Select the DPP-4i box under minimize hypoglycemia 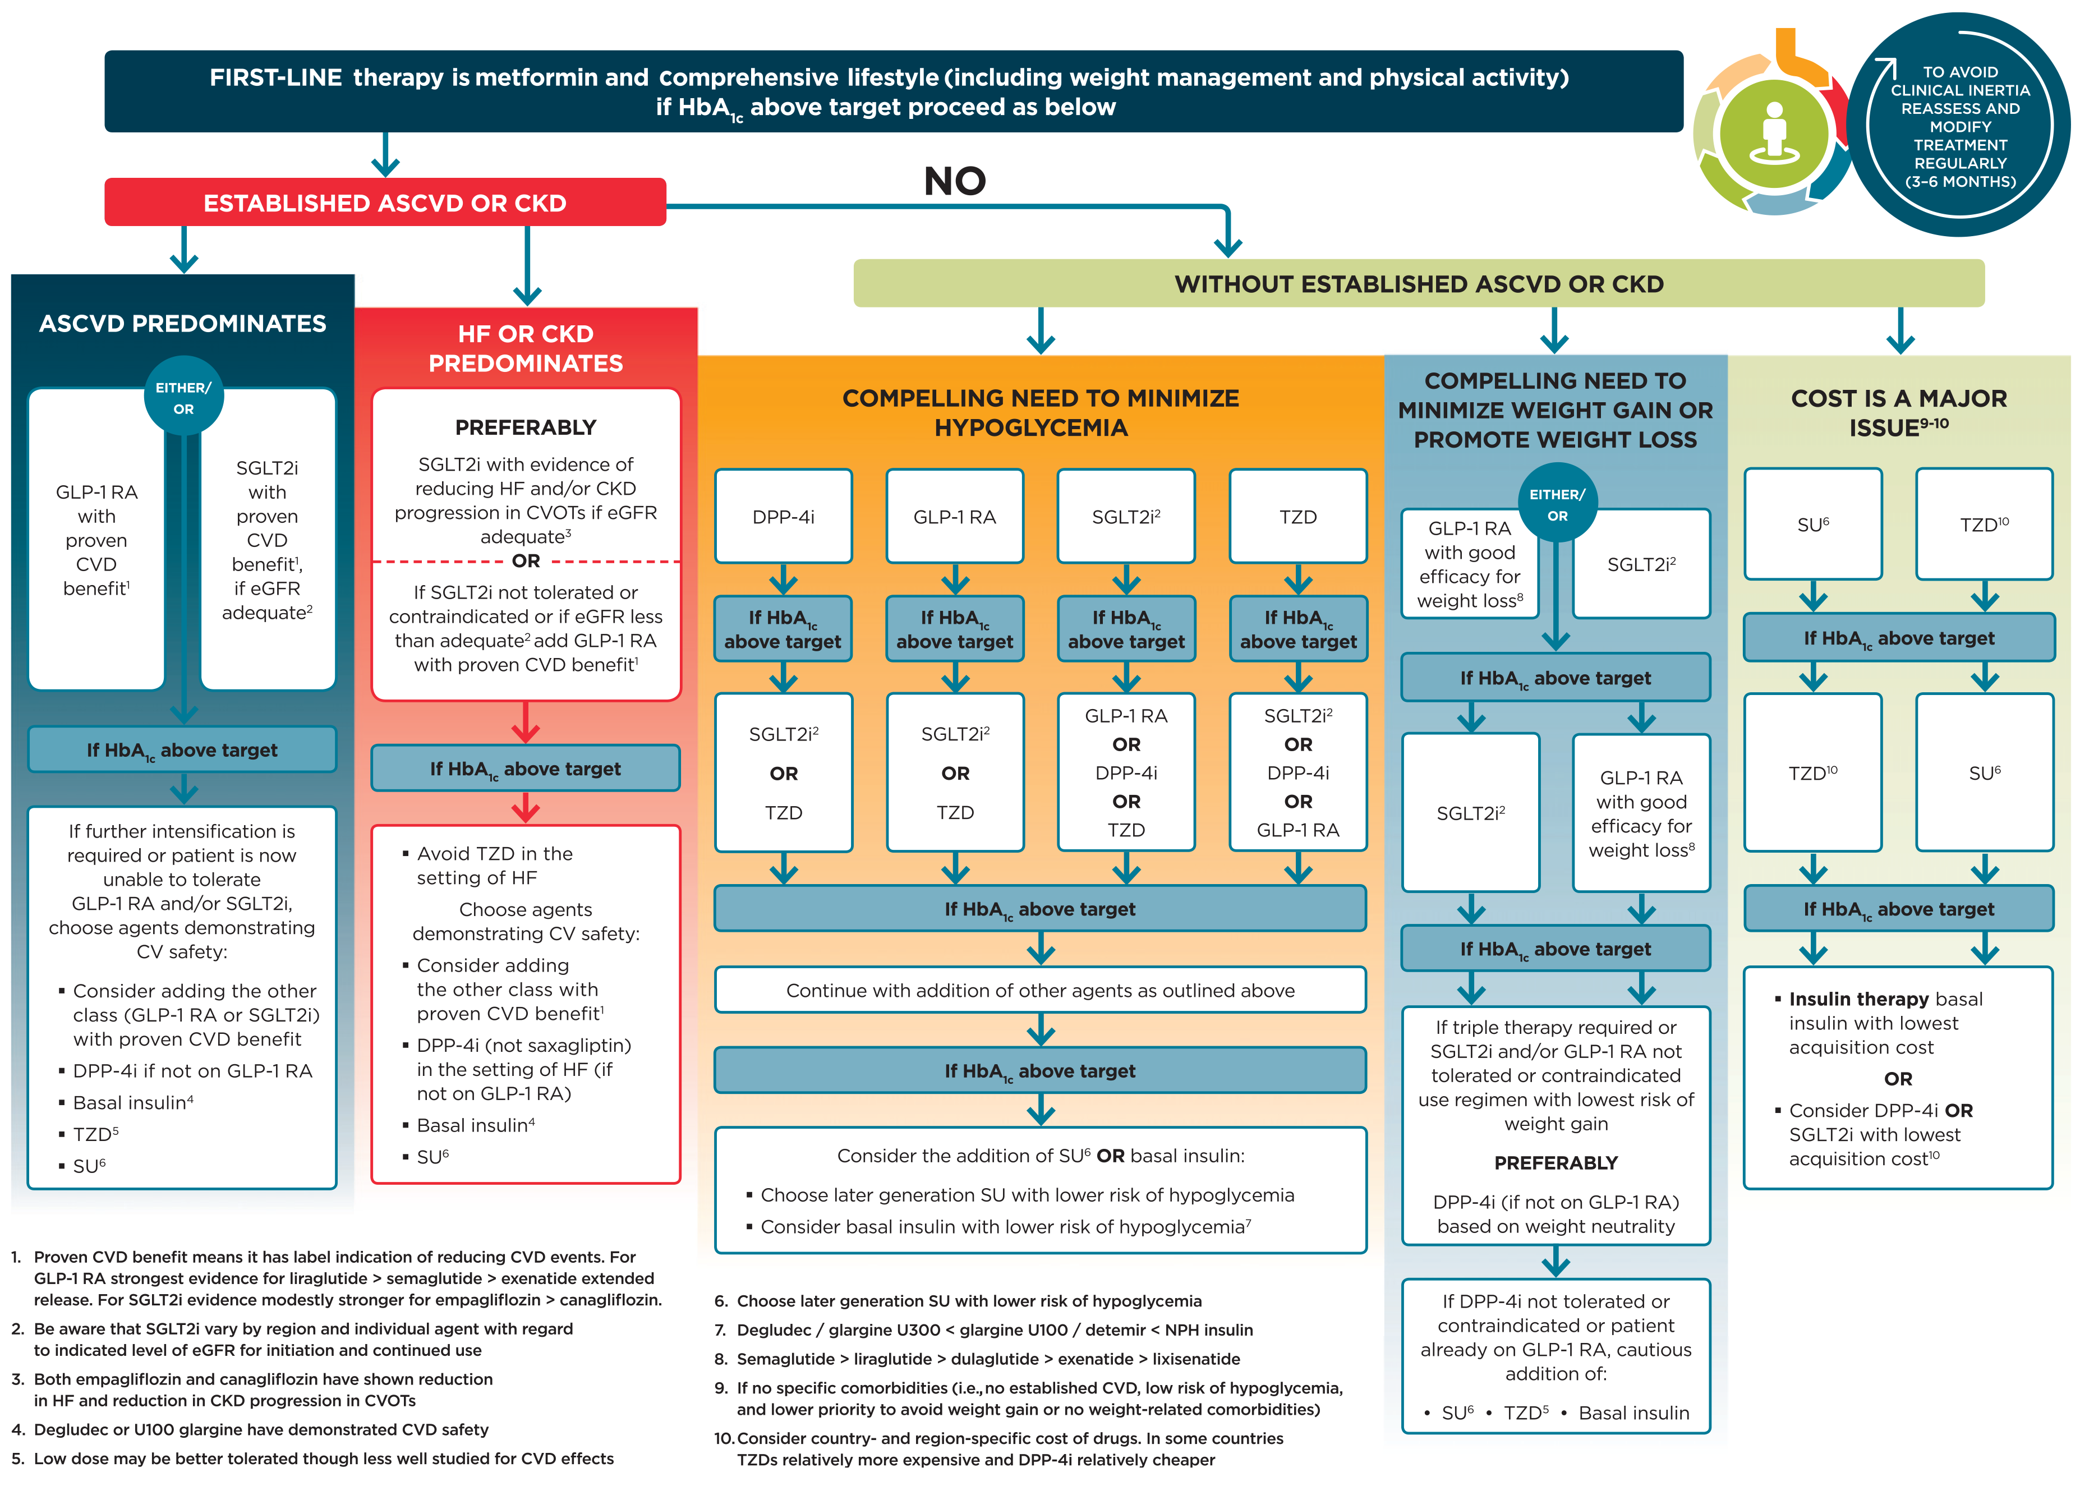pos(783,517)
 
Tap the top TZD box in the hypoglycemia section pos(1297,517)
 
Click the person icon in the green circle pos(1774,133)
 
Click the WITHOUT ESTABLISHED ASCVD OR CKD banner pos(1419,284)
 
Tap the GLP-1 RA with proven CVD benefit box pos(96,540)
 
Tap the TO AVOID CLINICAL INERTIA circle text pos(1959,126)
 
